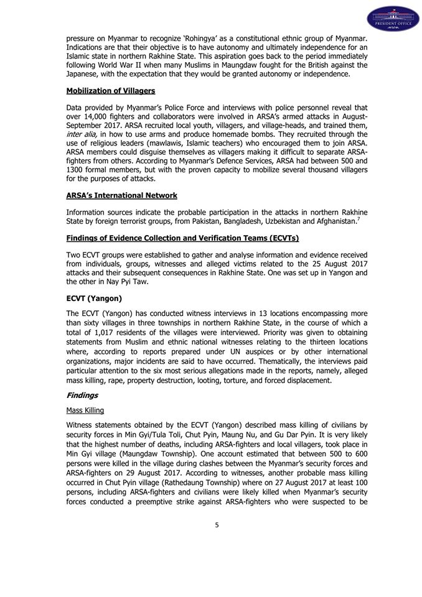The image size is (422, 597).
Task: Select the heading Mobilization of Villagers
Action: pos(110,91)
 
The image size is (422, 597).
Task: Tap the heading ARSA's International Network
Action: pos(121,195)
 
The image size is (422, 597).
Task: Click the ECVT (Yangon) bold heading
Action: pos(94,298)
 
